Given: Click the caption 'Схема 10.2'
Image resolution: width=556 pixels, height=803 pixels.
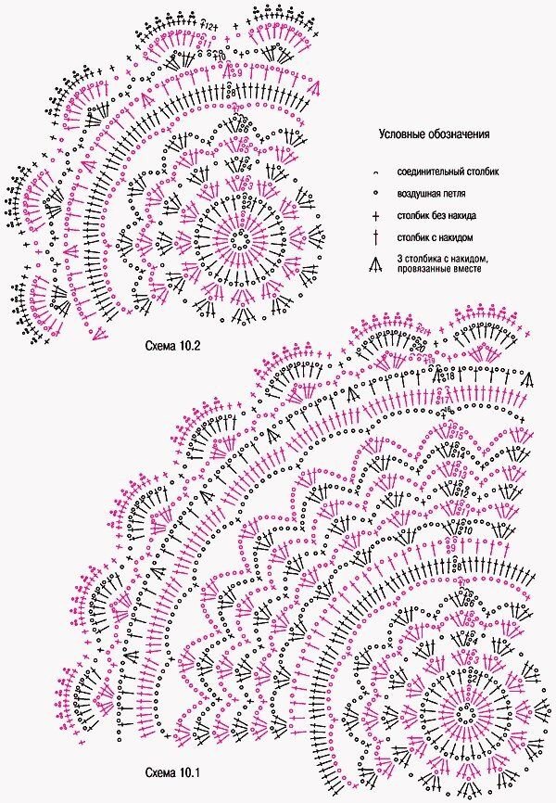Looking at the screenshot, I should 174,347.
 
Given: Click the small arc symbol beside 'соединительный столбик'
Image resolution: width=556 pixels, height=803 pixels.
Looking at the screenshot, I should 375,173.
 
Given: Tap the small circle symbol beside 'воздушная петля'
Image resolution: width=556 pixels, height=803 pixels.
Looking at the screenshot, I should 375,194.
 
